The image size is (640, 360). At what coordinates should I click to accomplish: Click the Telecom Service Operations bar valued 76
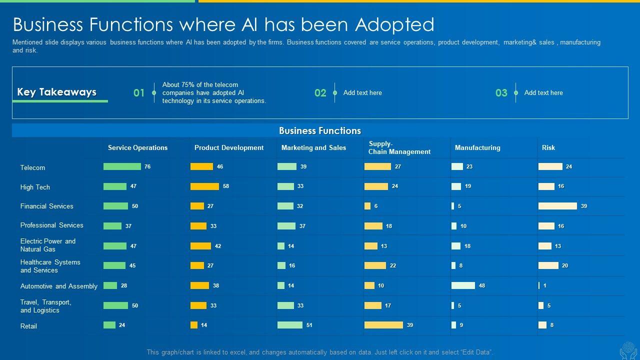122,166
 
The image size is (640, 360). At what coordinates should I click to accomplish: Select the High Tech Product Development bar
204,186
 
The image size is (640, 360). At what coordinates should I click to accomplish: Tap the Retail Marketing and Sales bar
290,325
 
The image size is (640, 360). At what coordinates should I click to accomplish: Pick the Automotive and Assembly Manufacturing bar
463,285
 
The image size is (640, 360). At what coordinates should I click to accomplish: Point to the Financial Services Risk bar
557,206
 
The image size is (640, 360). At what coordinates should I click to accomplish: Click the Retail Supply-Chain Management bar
383,325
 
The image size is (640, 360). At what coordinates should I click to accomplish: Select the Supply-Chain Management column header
399,147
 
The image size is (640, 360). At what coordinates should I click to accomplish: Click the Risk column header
548,147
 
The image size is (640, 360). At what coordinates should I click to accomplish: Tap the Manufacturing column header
477,147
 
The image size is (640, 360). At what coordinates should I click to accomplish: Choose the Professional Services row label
52,225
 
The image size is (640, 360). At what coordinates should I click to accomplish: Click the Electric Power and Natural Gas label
48,245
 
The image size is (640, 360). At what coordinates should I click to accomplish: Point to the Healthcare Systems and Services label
50,266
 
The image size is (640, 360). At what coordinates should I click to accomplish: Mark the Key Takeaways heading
56,92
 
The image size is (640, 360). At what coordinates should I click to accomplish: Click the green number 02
320,93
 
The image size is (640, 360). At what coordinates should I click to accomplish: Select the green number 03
501,93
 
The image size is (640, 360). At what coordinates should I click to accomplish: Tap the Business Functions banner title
320,131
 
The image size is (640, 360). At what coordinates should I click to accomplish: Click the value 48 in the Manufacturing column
482,285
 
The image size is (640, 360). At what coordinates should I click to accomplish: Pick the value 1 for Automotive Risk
545,285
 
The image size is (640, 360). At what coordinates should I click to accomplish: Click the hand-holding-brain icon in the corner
628,350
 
